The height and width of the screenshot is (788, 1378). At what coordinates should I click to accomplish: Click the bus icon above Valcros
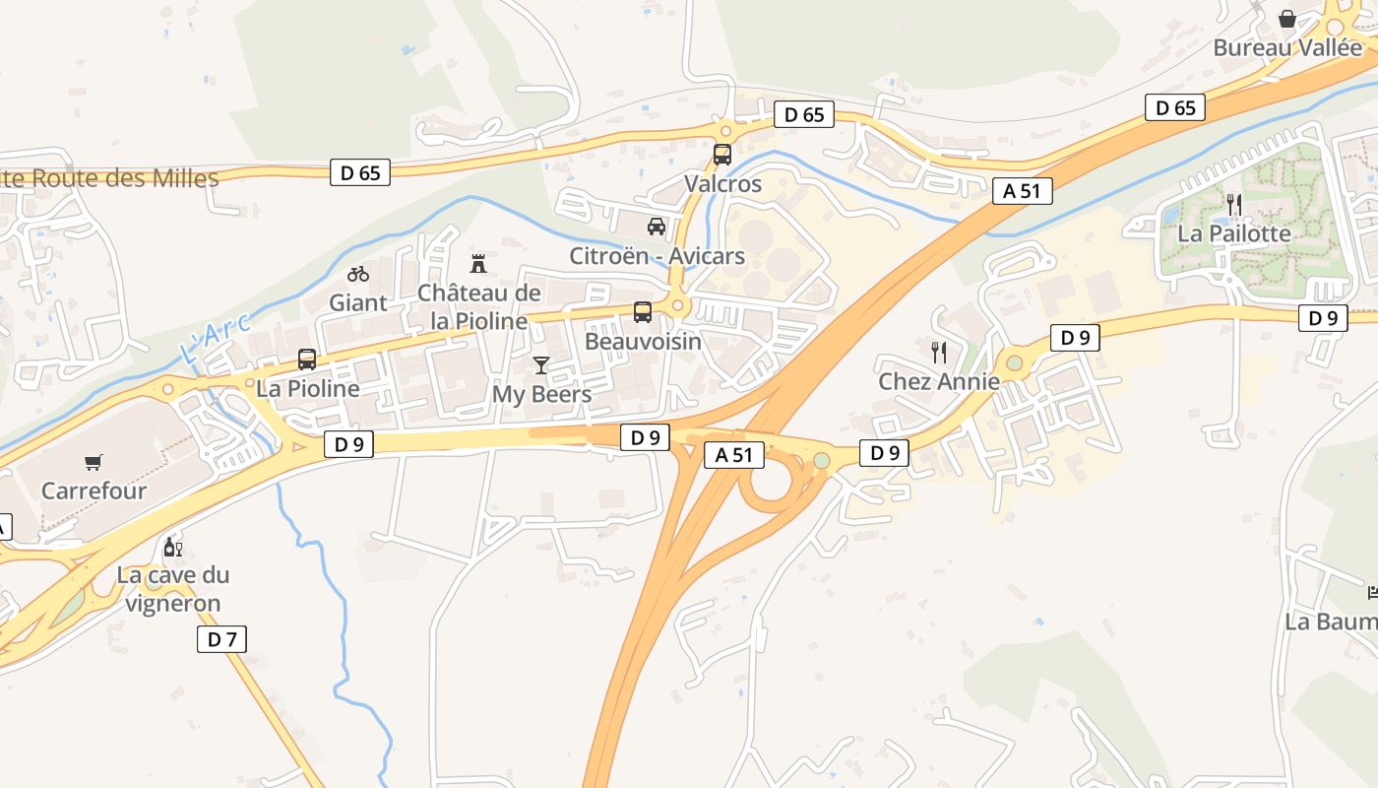pos(722,155)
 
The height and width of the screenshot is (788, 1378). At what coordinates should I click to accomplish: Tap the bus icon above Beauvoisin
pos(643,312)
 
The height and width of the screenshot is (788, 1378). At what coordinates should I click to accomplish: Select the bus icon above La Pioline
pos(307,360)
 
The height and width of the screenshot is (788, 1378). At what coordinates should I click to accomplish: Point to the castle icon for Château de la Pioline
pos(478,263)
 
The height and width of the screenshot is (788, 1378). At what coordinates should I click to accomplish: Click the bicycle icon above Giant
pos(358,273)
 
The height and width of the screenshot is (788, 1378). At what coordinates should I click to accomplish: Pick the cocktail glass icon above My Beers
pos(541,365)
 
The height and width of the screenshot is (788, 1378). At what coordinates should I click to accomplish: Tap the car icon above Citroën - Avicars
pos(657,227)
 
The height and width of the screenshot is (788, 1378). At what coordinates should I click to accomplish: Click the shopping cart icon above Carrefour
pos(94,462)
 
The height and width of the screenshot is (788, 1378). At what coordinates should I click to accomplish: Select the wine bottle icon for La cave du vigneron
pos(172,547)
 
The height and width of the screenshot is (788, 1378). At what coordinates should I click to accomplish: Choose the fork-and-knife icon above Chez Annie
pos(939,352)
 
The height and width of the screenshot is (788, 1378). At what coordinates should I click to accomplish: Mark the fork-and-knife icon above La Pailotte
pos(1234,205)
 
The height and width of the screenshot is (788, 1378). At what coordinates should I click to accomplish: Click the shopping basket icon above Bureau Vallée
pos(1286,19)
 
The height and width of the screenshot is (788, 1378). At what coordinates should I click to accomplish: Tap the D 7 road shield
pos(221,639)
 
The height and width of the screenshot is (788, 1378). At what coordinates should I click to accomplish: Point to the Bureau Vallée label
pos(1287,47)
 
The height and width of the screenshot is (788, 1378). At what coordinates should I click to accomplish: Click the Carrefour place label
pos(94,491)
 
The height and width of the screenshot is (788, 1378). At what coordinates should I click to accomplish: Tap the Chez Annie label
pos(939,381)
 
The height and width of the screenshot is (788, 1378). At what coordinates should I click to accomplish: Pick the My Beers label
pos(542,395)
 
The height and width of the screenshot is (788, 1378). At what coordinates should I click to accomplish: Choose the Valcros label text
pos(723,184)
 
